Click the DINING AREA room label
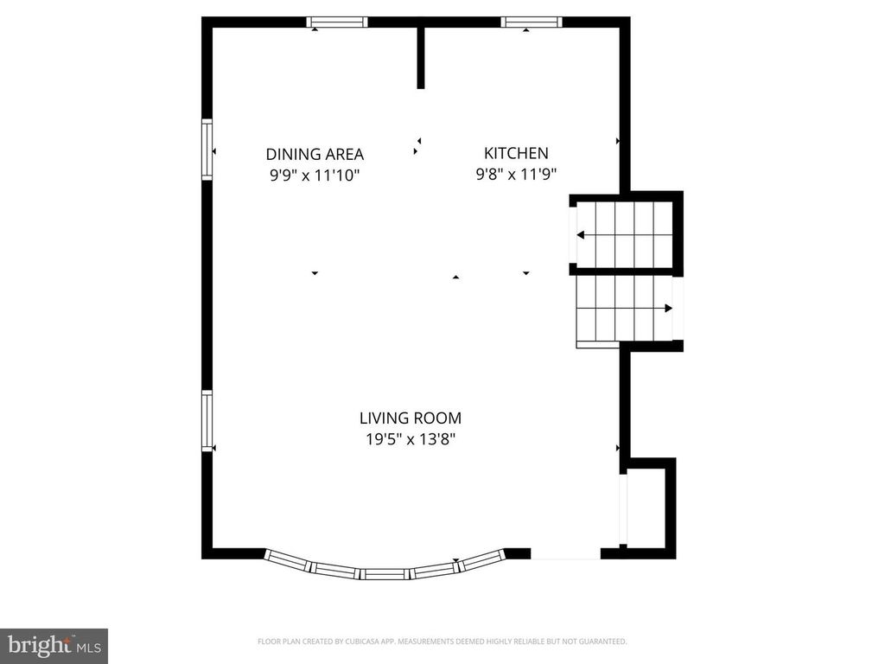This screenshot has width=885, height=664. (x=315, y=155)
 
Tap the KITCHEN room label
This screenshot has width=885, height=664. (x=516, y=153)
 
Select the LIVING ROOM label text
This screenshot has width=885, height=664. (x=411, y=418)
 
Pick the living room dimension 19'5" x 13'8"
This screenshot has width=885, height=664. (x=411, y=439)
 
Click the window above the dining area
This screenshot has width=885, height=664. (x=338, y=22)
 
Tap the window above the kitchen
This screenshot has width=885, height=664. (x=532, y=22)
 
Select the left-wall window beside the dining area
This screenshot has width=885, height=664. (x=207, y=150)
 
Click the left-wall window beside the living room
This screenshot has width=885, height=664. (x=207, y=421)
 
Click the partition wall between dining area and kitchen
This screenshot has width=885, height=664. (x=421, y=57)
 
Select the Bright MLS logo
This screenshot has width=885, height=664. (x=54, y=645)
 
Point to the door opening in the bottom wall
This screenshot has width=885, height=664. (x=565, y=553)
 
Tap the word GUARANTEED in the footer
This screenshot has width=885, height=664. (x=602, y=642)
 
